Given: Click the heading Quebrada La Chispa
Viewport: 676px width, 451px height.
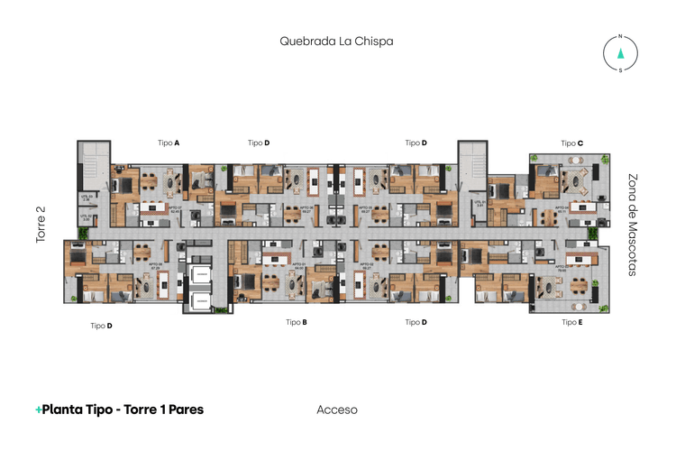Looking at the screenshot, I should click(336, 41).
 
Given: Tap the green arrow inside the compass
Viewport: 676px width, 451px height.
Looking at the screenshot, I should click(620, 52).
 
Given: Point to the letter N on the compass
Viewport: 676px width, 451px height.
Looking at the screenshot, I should click(620, 37).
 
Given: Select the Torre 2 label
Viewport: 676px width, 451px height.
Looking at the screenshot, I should click(41, 224).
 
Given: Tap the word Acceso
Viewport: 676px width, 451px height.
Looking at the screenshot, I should click(337, 410).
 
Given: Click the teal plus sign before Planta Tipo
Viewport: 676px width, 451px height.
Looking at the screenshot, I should click(39, 410).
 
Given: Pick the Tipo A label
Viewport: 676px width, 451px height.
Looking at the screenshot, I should click(169, 143).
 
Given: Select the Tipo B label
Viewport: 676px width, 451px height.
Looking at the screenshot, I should click(297, 322).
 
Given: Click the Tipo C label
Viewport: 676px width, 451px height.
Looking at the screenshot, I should click(572, 143).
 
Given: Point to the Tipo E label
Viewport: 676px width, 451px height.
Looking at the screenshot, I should click(572, 322).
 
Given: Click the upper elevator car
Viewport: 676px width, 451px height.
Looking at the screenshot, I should click(200, 276).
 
